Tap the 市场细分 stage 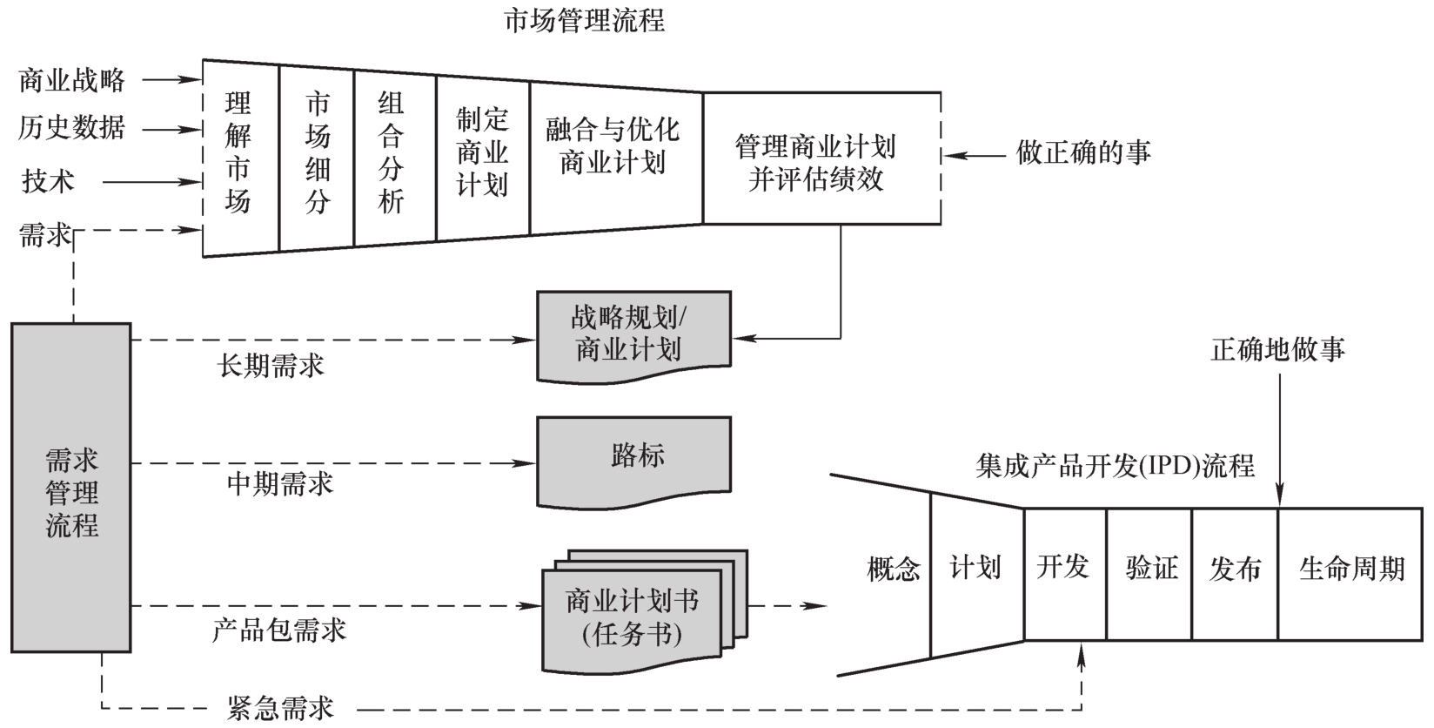pos(317,154)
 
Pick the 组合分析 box pos(393,154)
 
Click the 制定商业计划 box pos(482,152)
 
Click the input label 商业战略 pos(73,81)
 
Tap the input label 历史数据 pos(73,128)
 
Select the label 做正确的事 pos(1083,153)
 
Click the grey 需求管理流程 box pos(71,488)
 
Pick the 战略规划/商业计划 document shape pos(633,334)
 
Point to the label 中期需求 pos(280,483)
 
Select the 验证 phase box pos(1149,570)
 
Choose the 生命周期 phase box pos(1350,570)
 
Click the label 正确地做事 pos(1277,350)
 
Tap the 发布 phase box pos(1234,570)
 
